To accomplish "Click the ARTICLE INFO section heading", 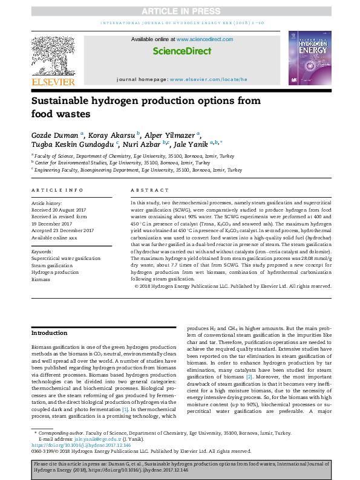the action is pos(57,190).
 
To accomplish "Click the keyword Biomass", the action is pos(41,280).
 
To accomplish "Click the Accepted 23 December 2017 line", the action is pos(63,230).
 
